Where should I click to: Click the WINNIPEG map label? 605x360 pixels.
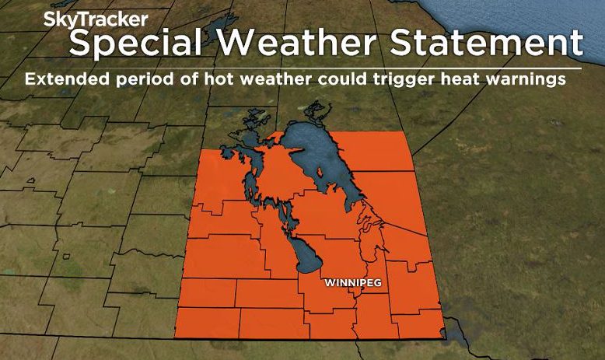coord(353,282)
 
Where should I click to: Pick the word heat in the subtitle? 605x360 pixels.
coord(447,79)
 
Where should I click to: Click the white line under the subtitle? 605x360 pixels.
coord(311,68)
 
